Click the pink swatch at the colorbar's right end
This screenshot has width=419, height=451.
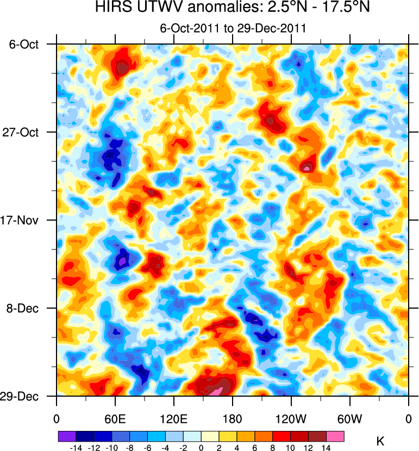(x=335, y=436)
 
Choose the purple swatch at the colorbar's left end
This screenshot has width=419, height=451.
(x=66, y=436)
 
